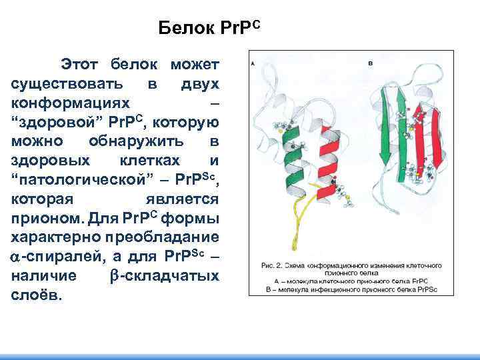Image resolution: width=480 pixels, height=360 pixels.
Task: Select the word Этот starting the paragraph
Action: pos(80,65)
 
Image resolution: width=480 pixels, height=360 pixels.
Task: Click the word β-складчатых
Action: pos(163,276)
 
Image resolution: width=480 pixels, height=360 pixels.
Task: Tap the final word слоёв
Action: pos(37,295)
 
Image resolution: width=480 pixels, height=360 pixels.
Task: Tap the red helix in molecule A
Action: pos(325,167)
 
